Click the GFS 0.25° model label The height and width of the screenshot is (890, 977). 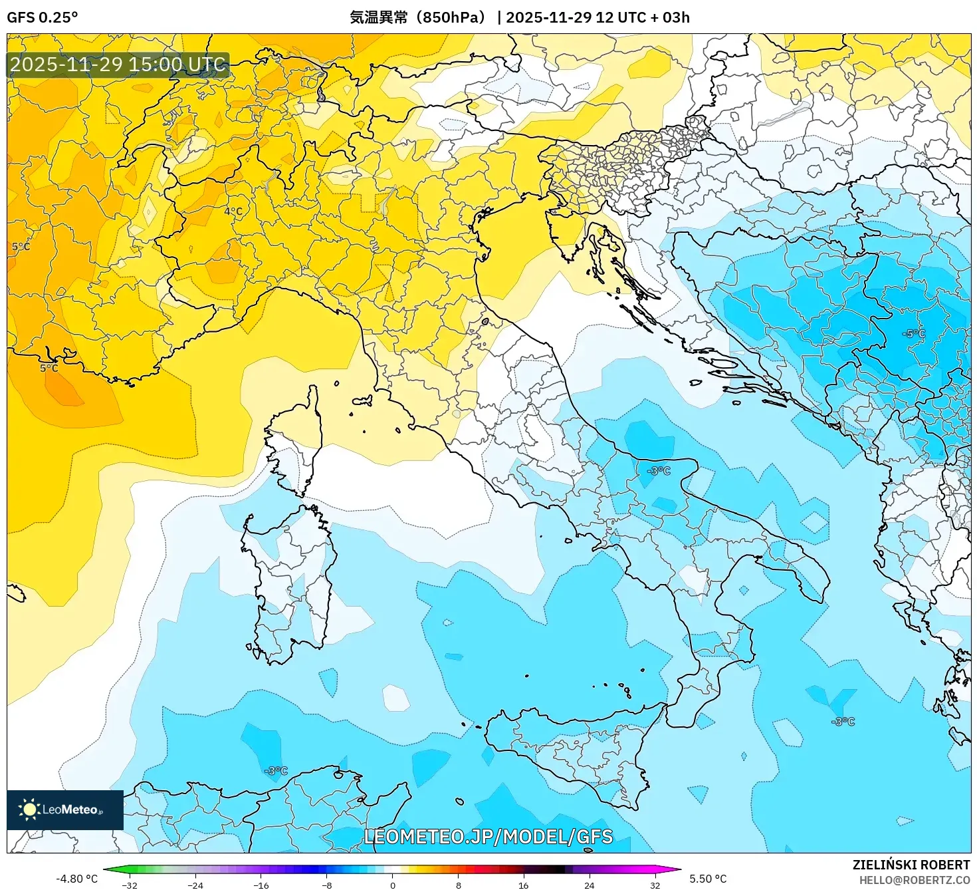42,17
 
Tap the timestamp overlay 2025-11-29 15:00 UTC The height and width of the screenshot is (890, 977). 118,65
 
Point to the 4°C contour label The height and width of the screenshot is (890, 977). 233,212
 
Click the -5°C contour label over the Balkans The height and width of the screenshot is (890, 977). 914,333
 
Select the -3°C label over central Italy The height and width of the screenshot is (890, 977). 659,470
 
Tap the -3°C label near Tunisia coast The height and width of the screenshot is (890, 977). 276,771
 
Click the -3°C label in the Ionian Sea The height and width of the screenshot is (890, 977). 843,721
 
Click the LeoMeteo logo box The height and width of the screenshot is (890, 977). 64,810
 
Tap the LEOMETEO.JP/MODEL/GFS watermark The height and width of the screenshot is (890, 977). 489,837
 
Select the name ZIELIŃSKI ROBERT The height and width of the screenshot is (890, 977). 911,865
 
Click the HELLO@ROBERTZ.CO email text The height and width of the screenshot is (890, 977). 914,880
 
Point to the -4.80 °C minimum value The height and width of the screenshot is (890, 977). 76,879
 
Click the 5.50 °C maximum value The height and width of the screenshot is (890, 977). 708,879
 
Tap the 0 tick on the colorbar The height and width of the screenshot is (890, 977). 393,885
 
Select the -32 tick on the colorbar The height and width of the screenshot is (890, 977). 130,885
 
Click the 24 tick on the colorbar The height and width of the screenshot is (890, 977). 589,885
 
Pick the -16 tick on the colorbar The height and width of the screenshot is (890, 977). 261,885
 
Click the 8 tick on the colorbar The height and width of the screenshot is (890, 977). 459,885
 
